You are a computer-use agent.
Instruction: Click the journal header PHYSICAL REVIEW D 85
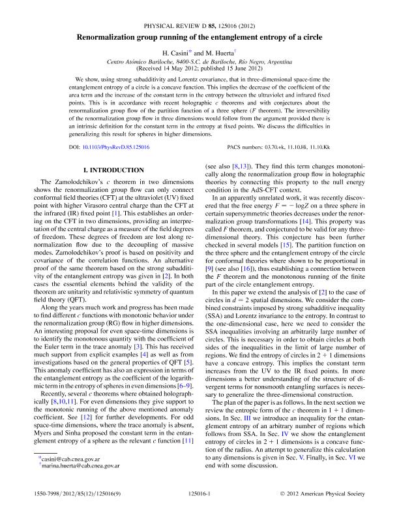[x=199, y=25]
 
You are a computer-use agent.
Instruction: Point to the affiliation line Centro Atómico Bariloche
[x=199, y=61]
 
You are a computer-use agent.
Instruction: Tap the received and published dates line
[x=199, y=67]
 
